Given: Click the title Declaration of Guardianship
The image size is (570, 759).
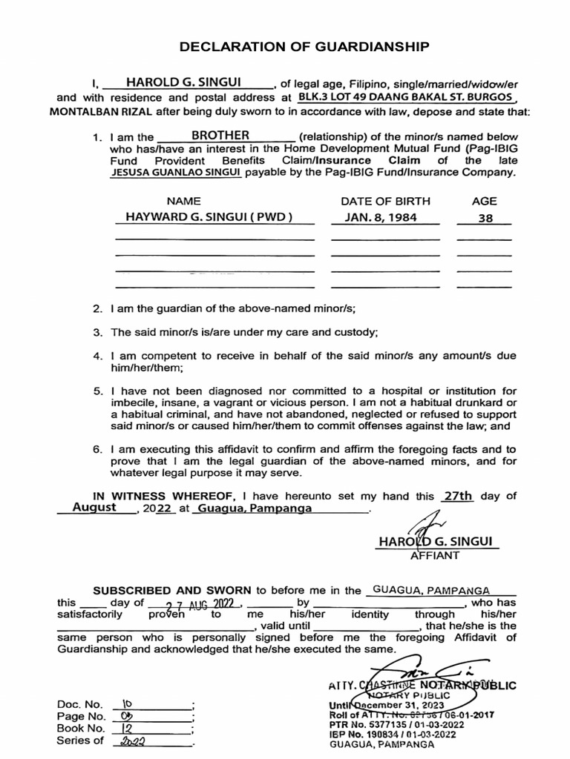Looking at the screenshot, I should pyautogui.click(x=304, y=47).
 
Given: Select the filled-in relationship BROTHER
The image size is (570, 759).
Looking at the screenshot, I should pyautogui.click(x=220, y=136).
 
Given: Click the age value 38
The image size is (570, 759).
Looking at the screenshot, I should pyautogui.click(x=485, y=219).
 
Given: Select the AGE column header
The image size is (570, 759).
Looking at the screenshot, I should pyautogui.click(x=485, y=201).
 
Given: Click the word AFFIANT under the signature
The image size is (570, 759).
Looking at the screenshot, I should pyautogui.click(x=435, y=555).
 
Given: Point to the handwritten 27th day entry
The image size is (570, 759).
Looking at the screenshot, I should pyautogui.click(x=457, y=497).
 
